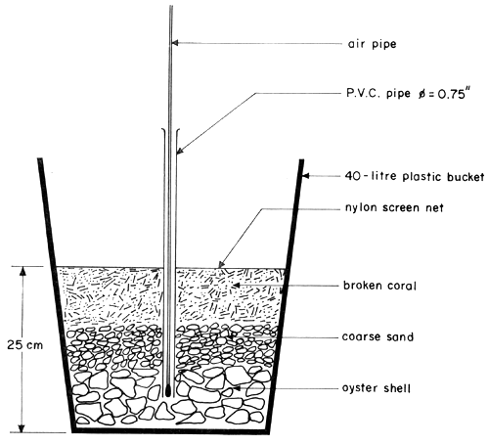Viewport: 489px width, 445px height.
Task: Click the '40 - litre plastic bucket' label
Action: pos(411,177)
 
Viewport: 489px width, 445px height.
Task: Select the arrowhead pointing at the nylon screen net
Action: pos(220,265)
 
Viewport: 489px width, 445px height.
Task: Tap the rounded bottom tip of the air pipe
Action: pos(170,392)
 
